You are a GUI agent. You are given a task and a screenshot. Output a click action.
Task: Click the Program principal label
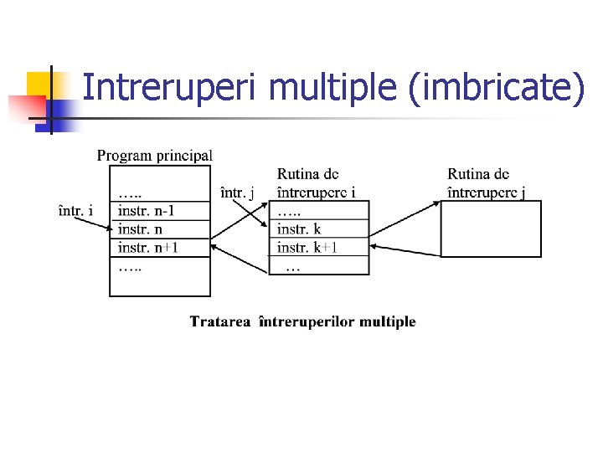(x=155, y=155)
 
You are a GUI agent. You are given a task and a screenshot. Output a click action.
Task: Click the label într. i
(x=75, y=210)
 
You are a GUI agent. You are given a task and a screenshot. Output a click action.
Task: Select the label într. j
(x=237, y=193)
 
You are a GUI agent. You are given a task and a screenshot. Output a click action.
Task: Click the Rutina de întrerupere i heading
(x=316, y=183)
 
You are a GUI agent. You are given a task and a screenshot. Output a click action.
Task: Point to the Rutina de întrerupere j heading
(x=487, y=183)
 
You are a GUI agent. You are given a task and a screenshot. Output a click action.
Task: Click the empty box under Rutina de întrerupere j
(x=491, y=229)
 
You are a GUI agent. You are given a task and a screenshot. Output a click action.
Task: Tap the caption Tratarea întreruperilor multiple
(x=302, y=321)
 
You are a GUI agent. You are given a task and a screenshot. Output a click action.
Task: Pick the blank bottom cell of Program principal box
(x=160, y=281)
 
